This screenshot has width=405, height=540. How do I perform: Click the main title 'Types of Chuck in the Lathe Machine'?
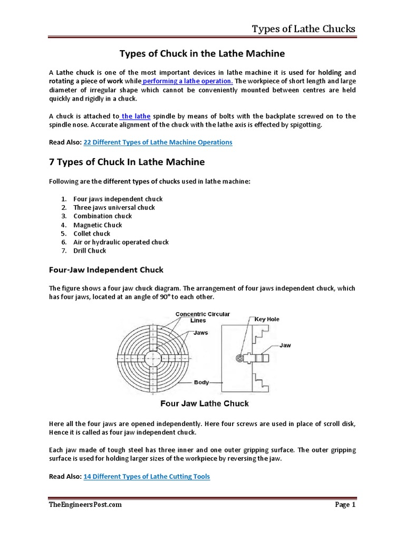click(x=202, y=54)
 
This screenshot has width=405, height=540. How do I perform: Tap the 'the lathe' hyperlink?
click(x=136, y=116)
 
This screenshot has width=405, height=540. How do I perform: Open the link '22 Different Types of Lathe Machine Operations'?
click(x=158, y=142)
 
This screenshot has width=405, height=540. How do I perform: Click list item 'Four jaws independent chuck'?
click(x=118, y=199)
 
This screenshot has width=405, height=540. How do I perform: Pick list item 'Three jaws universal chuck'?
click(x=114, y=207)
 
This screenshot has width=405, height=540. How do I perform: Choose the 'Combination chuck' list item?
click(x=102, y=216)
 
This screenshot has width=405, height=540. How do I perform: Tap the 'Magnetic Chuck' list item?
click(x=98, y=225)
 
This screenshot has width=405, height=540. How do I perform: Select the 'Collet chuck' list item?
click(x=92, y=234)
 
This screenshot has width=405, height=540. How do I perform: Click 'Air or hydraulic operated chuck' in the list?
click(x=121, y=242)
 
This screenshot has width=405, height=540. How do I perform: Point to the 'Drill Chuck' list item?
click(x=90, y=250)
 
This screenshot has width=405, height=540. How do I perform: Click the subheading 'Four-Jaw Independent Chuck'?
click(x=106, y=270)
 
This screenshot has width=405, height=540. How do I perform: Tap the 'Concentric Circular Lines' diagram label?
click(x=202, y=317)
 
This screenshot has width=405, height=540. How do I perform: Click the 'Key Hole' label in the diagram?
click(x=267, y=320)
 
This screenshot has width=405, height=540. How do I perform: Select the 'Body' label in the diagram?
click(x=201, y=382)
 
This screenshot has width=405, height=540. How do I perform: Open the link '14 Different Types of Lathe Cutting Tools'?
click(x=147, y=477)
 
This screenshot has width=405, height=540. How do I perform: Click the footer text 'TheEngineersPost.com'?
click(x=85, y=505)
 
